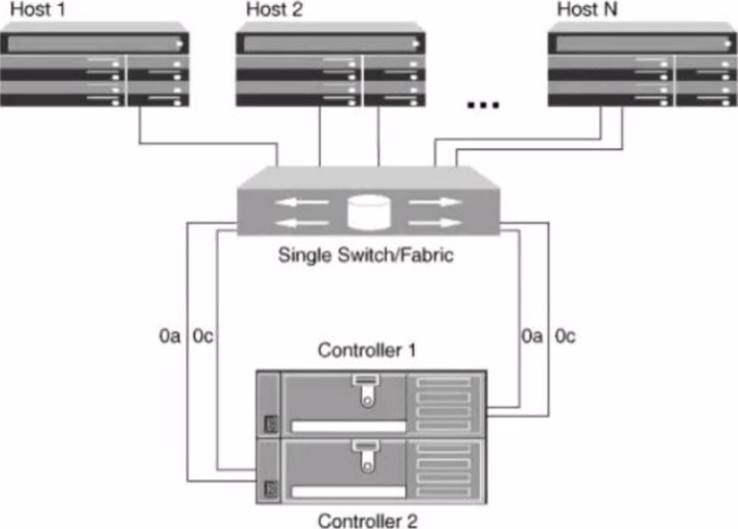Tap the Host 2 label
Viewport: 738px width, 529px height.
point(274,10)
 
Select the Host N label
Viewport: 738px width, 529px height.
point(586,10)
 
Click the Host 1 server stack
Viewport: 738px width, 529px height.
point(94,70)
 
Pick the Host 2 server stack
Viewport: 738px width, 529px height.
point(330,70)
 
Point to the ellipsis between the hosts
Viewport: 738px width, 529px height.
point(483,105)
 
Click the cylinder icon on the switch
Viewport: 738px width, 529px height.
point(367,211)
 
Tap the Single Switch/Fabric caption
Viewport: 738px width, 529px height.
point(366,255)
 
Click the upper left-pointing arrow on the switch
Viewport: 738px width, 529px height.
point(301,202)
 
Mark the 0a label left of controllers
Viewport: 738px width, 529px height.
point(170,335)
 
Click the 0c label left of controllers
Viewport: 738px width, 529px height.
point(203,335)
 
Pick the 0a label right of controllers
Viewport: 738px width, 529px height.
point(532,335)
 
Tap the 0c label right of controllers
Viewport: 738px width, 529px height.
point(565,335)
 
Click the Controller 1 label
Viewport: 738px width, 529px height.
point(367,351)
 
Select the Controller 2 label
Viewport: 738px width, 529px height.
point(367,520)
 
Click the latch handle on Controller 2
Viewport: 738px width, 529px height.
point(367,457)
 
